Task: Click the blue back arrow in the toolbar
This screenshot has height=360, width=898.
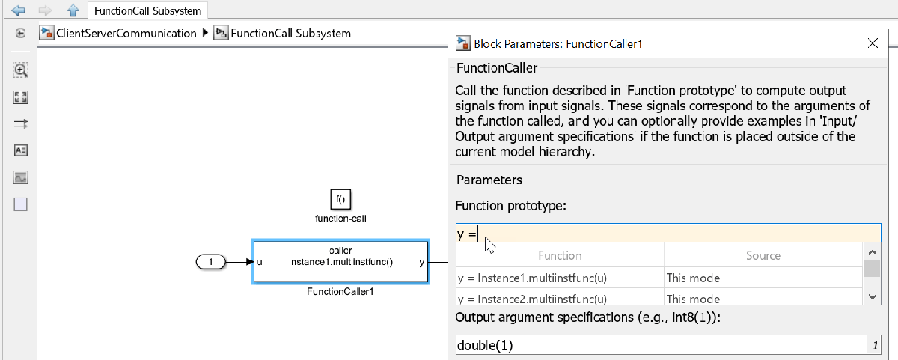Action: (19, 10)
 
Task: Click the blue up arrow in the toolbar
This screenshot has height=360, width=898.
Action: (73, 10)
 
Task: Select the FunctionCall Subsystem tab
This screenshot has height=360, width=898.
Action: (147, 10)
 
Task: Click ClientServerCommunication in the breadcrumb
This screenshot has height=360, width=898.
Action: (126, 33)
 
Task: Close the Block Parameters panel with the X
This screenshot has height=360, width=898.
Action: (873, 43)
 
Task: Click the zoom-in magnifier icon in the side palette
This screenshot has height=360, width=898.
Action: (20, 70)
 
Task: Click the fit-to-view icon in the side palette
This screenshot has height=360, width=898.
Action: (20, 97)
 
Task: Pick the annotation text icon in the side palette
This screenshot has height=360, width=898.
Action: (20, 150)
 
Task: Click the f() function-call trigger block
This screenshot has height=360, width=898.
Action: (340, 200)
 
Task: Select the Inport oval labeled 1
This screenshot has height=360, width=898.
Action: (211, 262)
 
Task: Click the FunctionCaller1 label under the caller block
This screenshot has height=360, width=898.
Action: (340, 291)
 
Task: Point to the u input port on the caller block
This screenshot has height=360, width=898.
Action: (260, 262)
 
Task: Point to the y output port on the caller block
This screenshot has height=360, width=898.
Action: (422, 263)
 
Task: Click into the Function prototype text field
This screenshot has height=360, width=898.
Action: (668, 234)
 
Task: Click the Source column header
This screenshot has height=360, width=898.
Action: (763, 256)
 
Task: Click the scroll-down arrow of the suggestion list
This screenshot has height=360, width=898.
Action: (873, 297)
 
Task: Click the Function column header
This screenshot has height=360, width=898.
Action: (560, 256)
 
